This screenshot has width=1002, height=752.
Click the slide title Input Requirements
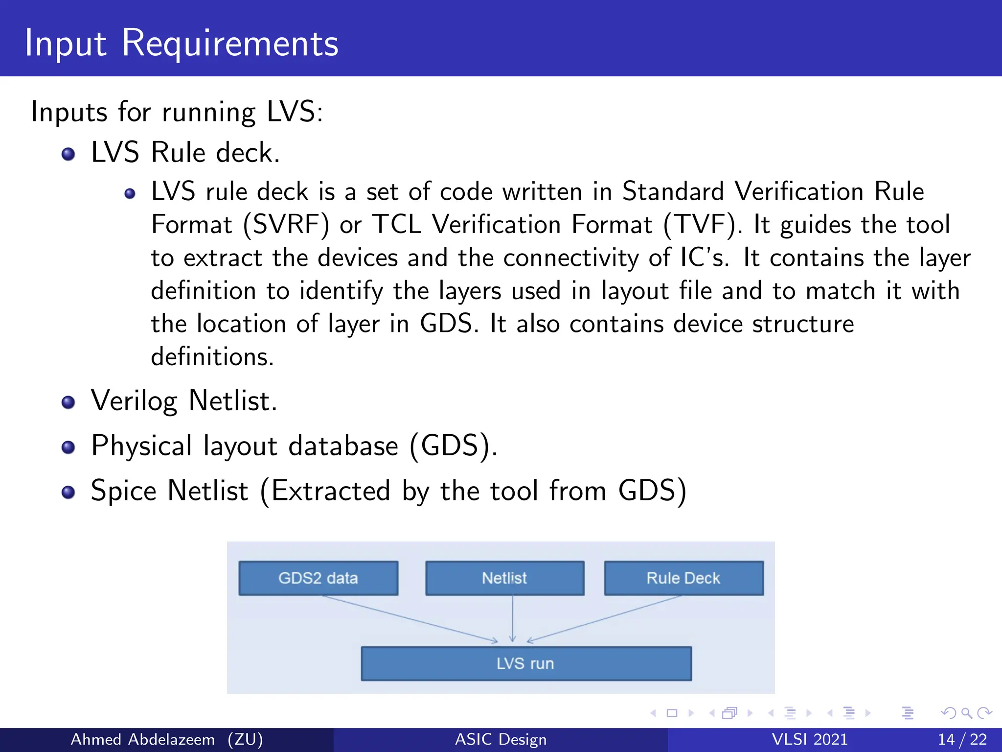pyautogui.click(x=181, y=43)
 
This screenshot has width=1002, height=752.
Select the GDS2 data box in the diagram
pyautogui.click(x=318, y=578)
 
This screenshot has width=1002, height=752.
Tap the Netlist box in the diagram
pyautogui.click(x=504, y=578)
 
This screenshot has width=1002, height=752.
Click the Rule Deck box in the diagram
pyautogui.click(x=683, y=578)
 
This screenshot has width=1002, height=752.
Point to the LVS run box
pyautogui.click(x=526, y=663)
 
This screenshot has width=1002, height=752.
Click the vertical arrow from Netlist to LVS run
pyautogui.click(x=512, y=618)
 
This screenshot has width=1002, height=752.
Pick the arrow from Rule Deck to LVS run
pyautogui.click(x=604, y=618)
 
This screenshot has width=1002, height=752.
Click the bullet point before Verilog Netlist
pyautogui.click(x=68, y=402)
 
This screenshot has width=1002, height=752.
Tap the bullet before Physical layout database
pyautogui.click(x=68, y=447)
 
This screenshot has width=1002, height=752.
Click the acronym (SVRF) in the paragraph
pyautogui.click(x=286, y=225)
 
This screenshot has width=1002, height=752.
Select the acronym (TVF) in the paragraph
pyautogui.click(x=703, y=225)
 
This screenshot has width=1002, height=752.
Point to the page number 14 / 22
pyautogui.click(x=962, y=739)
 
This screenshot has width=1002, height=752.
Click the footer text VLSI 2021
pyautogui.click(x=809, y=739)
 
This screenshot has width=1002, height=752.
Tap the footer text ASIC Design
pyautogui.click(x=501, y=739)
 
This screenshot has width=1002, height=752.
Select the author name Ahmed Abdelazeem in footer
pyautogui.click(x=143, y=739)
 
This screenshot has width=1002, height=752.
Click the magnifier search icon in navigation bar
pyautogui.click(x=966, y=713)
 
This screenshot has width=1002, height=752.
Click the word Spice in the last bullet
pyautogui.click(x=123, y=491)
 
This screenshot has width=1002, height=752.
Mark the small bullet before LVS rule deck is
pyautogui.click(x=130, y=194)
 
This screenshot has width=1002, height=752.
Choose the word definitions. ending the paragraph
pyautogui.click(x=212, y=356)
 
